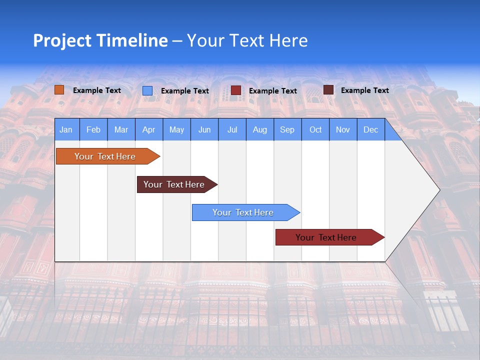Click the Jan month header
[66, 129]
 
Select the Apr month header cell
[149, 129]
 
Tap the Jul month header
[232, 129]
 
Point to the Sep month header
[287, 129]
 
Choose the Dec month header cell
[370, 129]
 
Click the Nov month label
[343, 129]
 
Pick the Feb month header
[93, 129]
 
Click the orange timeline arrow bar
[105, 156]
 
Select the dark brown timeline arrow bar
[174, 184]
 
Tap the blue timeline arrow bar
[243, 212]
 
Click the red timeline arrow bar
[326, 237]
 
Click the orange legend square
[59, 90]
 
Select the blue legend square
[147, 90]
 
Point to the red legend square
[236, 90]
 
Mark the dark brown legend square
[328, 90]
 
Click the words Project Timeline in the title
[100, 40]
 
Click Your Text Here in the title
[247, 40]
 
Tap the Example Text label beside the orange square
[97, 90]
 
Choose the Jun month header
[204, 129]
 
